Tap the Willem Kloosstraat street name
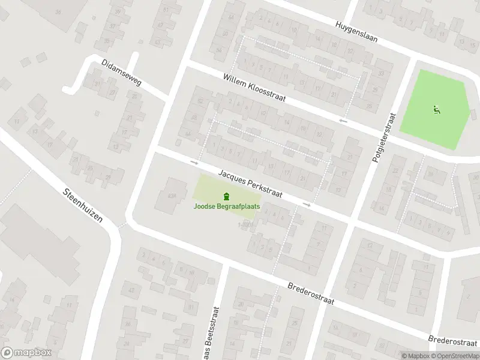coord(253,88)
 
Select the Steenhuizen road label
coord(83,205)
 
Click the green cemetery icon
coord(226,196)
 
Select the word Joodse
coord(205,206)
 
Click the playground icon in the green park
coord(436,110)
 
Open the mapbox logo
coord(26,353)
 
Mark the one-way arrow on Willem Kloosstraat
coord(343,122)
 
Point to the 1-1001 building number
coord(245,225)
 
